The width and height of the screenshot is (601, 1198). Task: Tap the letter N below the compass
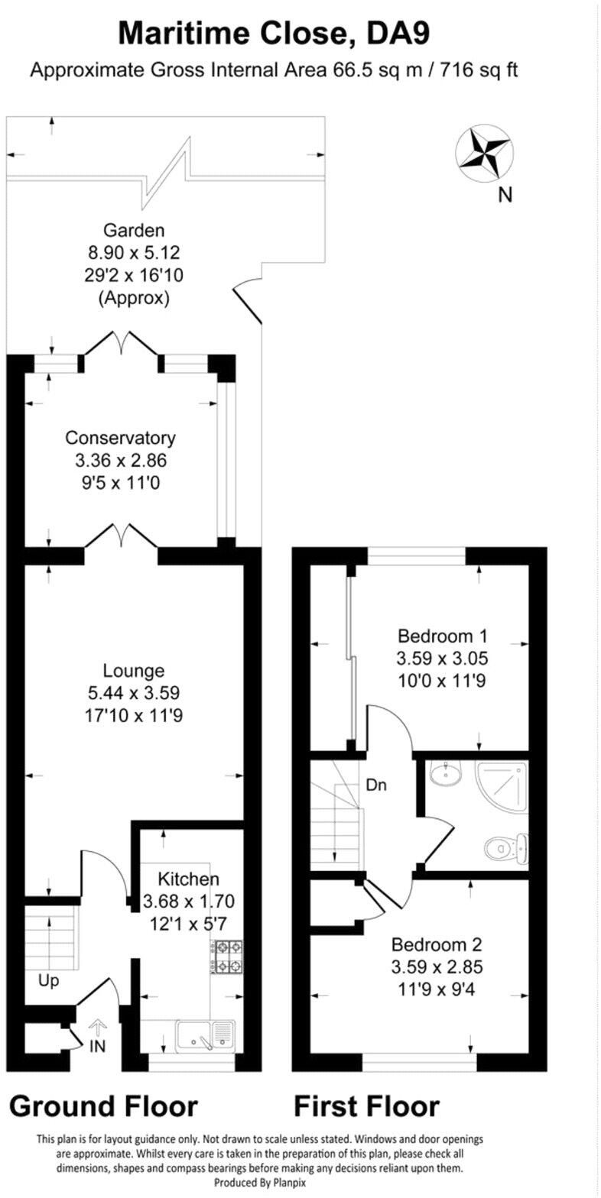[x=504, y=196]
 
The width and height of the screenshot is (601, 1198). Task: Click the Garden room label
[x=135, y=230]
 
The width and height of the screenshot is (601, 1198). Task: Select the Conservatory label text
[x=120, y=438]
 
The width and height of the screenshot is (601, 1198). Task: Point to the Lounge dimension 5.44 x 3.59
[x=134, y=694]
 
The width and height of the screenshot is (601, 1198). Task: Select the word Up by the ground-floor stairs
[x=48, y=980]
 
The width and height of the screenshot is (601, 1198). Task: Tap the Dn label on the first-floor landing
[x=375, y=785]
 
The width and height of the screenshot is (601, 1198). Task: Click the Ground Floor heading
[x=103, y=1106]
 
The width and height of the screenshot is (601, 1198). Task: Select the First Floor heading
[x=366, y=1106]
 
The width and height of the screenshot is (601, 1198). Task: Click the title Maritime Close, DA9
[x=274, y=34]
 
